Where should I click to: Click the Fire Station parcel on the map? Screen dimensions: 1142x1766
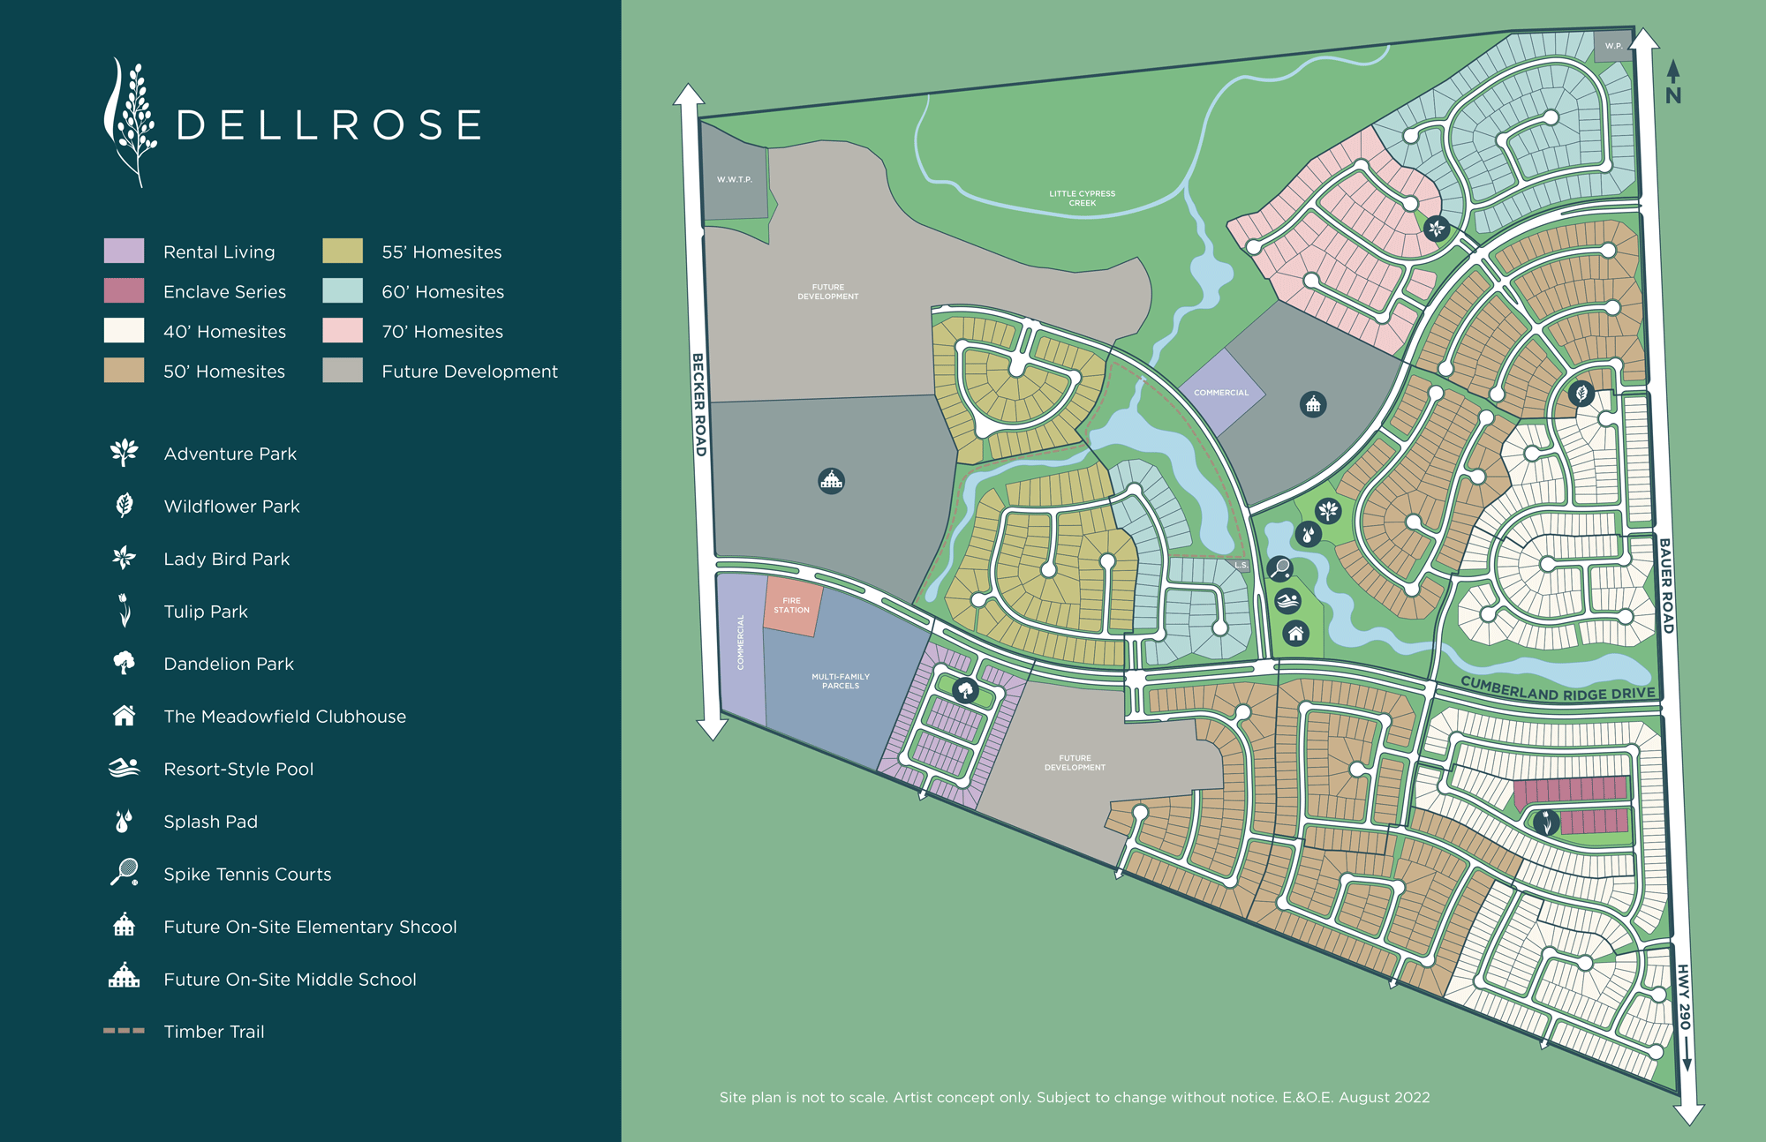(792, 605)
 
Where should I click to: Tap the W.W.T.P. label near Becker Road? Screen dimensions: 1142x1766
(734, 179)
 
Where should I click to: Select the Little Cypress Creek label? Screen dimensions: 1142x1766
(1082, 198)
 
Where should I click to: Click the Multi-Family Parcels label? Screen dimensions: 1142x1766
(840, 680)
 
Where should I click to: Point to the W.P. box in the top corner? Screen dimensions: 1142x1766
(1613, 45)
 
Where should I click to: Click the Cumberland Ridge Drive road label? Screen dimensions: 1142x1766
(1558, 688)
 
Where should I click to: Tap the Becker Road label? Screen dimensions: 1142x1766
(698, 405)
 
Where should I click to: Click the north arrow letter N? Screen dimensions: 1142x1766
(1673, 95)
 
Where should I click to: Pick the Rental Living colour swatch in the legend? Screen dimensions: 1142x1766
(124, 251)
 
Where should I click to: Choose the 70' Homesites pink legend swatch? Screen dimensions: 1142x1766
(343, 330)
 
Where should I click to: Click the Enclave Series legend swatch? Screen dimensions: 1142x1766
(124, 290)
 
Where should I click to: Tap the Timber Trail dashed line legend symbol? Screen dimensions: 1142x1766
(124, 1030)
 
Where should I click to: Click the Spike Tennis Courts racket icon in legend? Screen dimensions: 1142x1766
(125, 872)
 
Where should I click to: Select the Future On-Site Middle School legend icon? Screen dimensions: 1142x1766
(124, 976)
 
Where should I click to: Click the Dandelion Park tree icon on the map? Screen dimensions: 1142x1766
(965, 690)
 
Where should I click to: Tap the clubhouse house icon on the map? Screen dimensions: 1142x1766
(1295, 633)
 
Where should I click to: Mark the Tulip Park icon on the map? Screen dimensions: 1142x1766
(1545, 823)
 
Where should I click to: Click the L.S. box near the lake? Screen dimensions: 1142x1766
(1241, 565)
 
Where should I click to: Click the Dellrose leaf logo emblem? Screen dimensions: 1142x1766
(131, 122)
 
